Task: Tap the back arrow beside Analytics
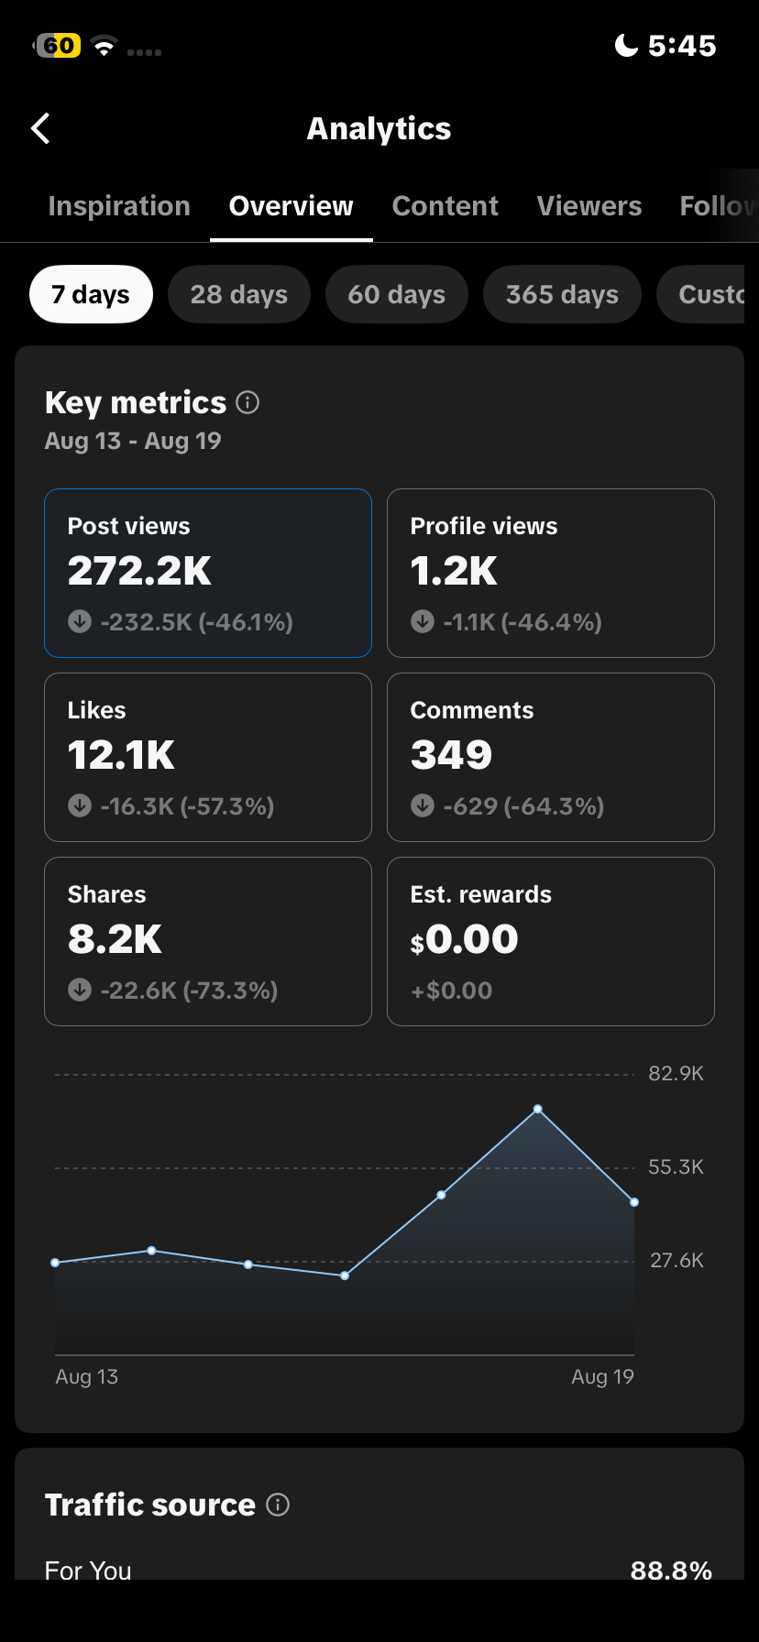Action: pos(40,129)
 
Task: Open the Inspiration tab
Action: pos(119,206)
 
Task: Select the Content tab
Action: pos(445,206)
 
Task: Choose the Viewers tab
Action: pos(589,206)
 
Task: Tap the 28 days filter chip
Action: pos(239,294)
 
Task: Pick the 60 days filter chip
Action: pos(397,294)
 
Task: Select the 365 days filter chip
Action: pos(562,294)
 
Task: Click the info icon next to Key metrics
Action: pos(247,402)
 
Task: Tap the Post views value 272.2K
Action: pos(139,571)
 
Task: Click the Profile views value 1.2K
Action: pos(454,571)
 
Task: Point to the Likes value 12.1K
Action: pos(121,755)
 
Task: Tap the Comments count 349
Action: pos(451,755)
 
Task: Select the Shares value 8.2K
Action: pos(115,939)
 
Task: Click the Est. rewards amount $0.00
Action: pos(464,939)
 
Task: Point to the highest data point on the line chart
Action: pos(538,1109)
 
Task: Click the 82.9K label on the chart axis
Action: pos(676,1073)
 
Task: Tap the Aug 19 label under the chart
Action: pos(602,1376)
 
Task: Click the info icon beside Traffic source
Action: pos(278,1505)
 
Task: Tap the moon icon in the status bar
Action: pos(626,45)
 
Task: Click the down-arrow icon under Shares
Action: pos(80,990)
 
